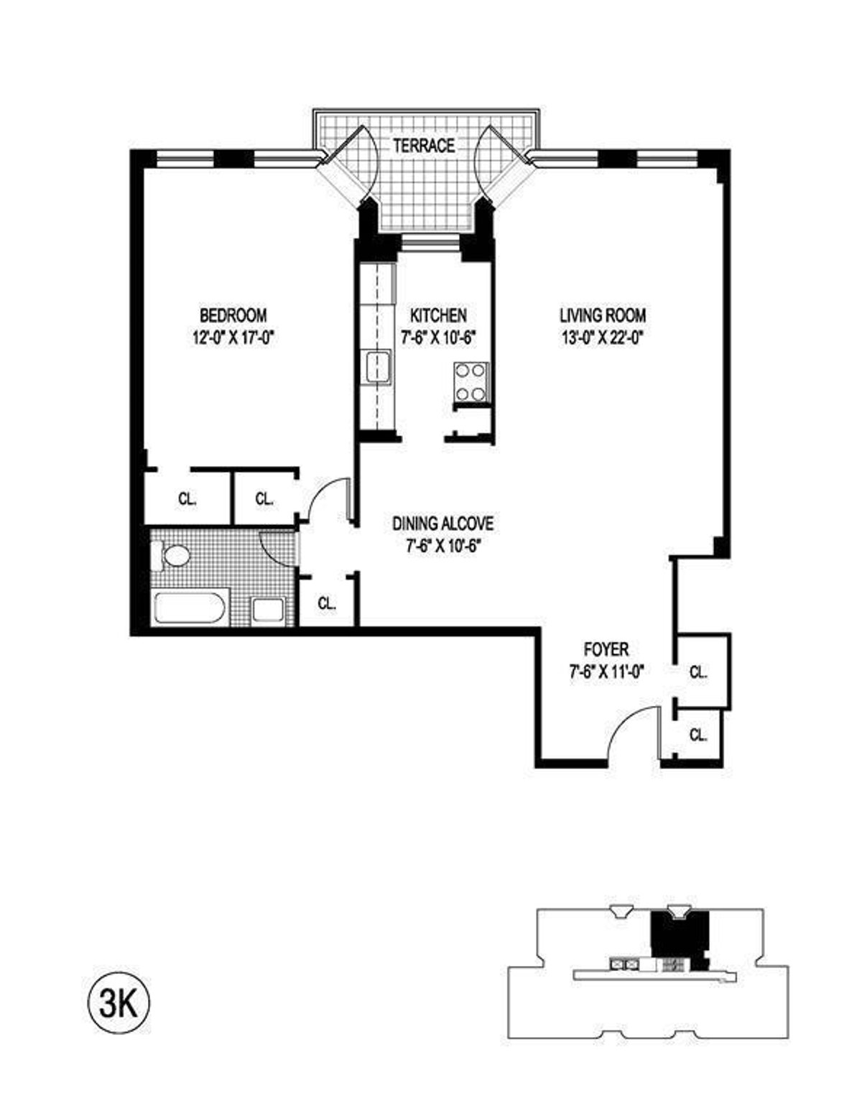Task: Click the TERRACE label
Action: click(x=424, y=146)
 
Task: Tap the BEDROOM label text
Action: click(x=233, y=315)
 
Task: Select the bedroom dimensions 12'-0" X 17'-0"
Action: click(x=233, y=337)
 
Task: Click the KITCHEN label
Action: click(x=438, y=315)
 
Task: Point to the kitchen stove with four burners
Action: click(x=471, y=382)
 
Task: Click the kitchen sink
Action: click(x=376, y=367)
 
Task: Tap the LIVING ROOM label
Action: click(x=603, y=315)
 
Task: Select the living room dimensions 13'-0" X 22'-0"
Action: click(x=603, y=337)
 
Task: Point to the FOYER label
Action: click(x=606, y=650)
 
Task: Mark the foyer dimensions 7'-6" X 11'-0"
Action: click(x=606, y=671)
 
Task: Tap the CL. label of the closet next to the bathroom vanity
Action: click(x=327, y=604)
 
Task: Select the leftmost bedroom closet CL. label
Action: click(x=187, y=499)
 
